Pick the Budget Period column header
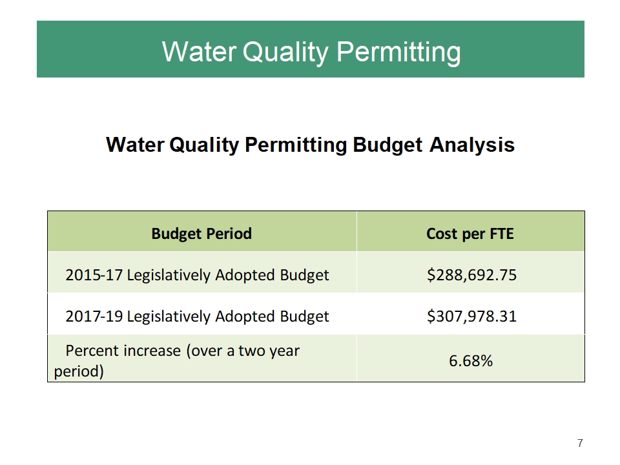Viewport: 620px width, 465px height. coord(201,233)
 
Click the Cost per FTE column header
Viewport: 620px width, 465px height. coord(470,233)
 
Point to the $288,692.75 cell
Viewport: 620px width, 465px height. coord(471,275)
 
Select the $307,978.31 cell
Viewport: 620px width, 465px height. coord(471,316)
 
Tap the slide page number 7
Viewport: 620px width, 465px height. coord(580,443)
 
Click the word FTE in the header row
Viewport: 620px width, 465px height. coord(501,233)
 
